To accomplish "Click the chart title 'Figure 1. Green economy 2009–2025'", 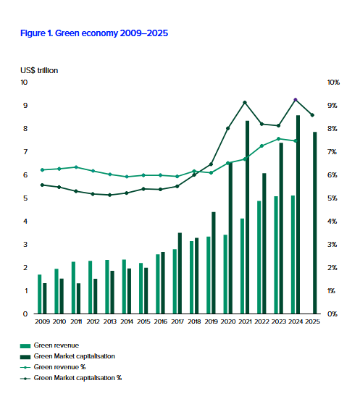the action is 94,33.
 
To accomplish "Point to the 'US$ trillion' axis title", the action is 39,70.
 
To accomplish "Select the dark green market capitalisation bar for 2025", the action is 315,223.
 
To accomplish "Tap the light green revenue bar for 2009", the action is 39,294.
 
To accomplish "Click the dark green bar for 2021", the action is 247,217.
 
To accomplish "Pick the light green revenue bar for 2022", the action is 259,257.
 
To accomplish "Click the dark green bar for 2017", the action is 180,273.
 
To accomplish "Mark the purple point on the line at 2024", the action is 296,100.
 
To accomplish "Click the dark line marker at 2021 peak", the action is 245,103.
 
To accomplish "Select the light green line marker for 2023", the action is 279,139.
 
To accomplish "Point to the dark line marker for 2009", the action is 42,185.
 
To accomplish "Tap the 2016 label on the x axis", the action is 161,321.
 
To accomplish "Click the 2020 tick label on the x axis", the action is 228,321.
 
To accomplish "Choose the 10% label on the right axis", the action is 333,83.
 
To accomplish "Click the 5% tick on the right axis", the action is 332,198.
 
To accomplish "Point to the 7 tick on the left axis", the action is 25,152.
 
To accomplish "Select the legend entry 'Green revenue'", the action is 49,345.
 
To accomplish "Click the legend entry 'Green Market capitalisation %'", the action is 71,378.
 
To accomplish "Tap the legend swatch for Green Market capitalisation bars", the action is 25,357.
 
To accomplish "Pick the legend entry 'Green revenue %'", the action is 53,367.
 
